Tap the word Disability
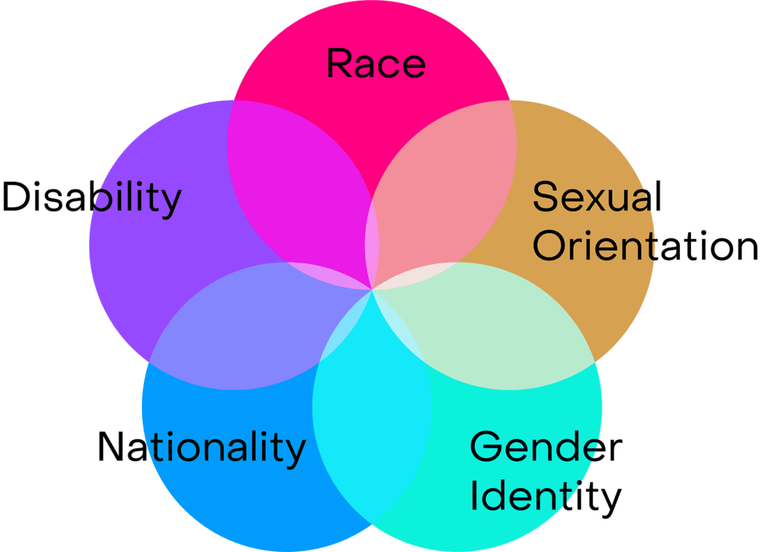pos(92,198)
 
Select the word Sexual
pos(597,197)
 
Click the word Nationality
pos(201,447)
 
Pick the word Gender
pos(546,447)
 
